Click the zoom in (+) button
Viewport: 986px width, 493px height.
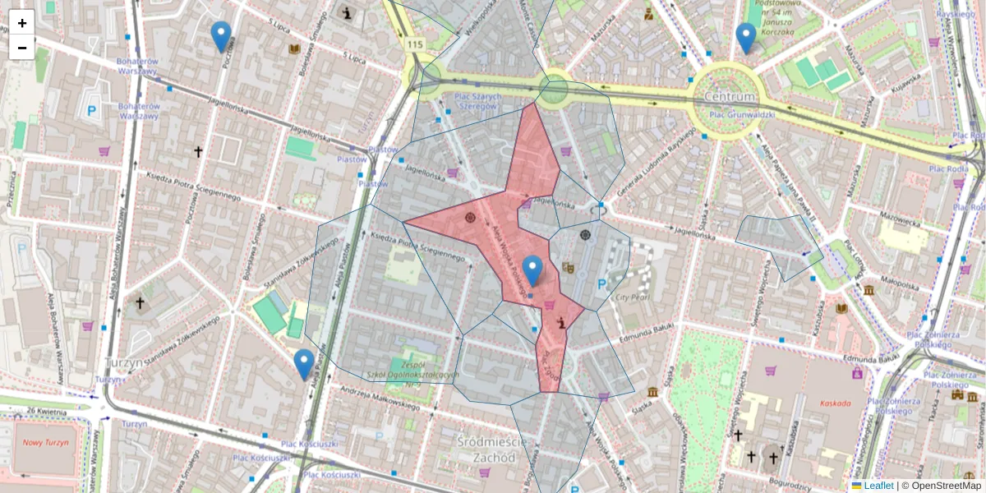tap(22, 23)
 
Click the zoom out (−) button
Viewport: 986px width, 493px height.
tap(22, 48)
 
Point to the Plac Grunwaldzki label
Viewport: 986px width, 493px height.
tap(739, 115)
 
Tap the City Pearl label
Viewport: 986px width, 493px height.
tap(634, 297)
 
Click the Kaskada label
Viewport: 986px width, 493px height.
tap(835, 403)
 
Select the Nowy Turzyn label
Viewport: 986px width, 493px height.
tap(44, 443)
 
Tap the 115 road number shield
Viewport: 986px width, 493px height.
tap(414, 44)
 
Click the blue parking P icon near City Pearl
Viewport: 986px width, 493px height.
tap(601, 284)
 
